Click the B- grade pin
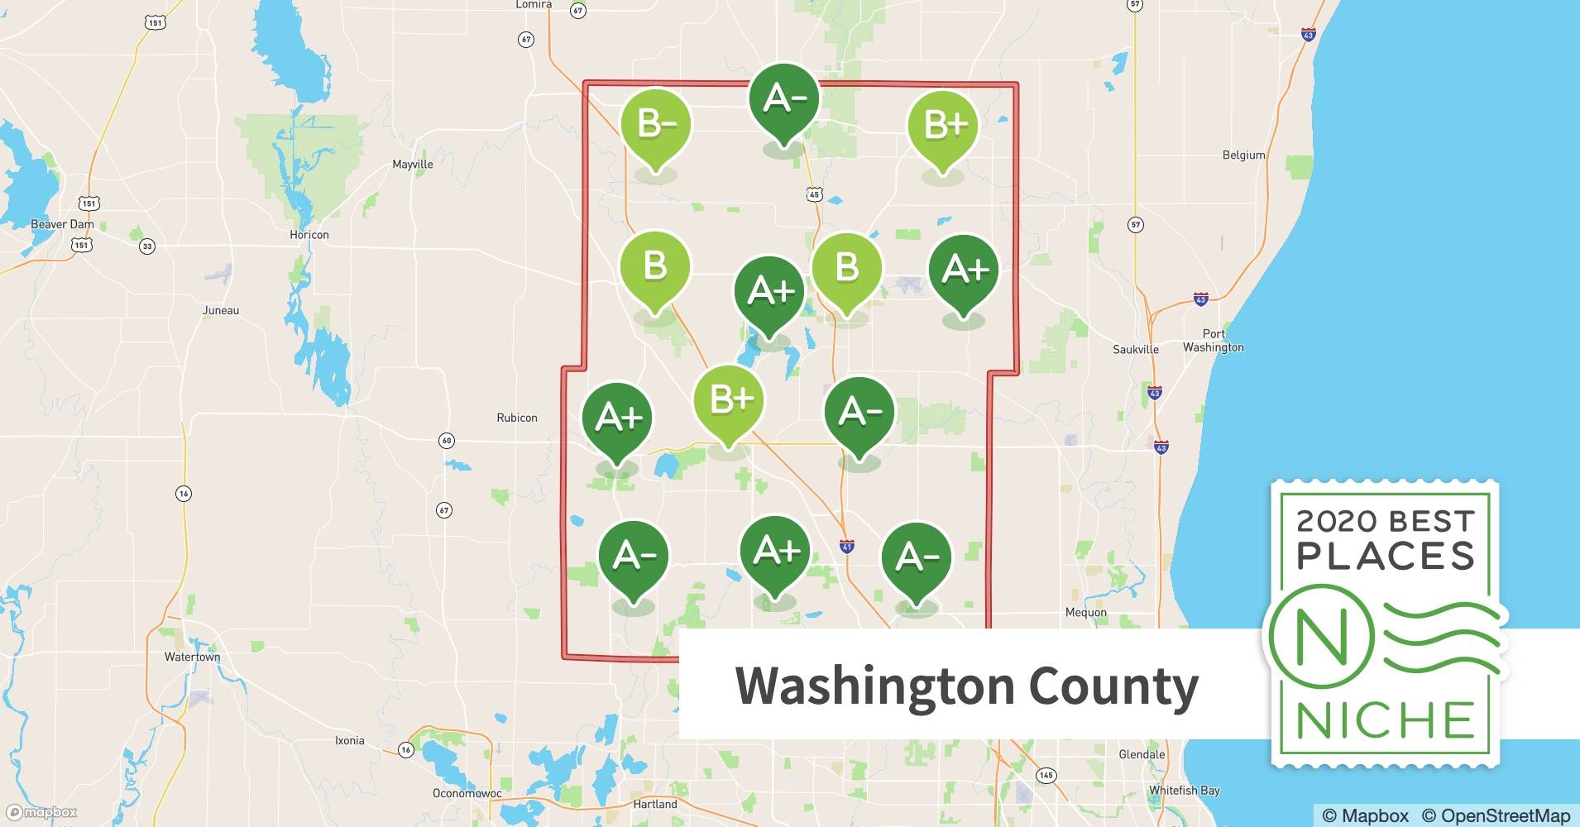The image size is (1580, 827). (x=656, y=125)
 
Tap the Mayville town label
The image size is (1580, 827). (x=412, y=164)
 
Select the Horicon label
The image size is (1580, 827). (x=309, y=235)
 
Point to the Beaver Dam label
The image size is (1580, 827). (x=62, y=224)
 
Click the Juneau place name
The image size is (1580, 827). (x=221, y=310)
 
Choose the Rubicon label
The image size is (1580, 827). (x=517, y=418)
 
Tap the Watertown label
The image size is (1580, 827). (x=192, y=657)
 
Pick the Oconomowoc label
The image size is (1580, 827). (x=467, y=793)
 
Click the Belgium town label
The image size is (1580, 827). (x=1243, y=155)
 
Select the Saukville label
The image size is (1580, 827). (x=1136, y=349)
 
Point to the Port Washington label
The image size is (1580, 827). (x=1213, y=341)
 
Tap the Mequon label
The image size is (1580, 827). (x=1085, y=612)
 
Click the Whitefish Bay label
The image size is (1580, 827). (x=1184, y=790)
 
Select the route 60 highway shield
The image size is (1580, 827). (x=447, y=441)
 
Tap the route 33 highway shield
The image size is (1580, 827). (x=147, y=246)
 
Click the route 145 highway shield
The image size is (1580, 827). (x=1046, y=775)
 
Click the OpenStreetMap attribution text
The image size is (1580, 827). (x=1496, y=815)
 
